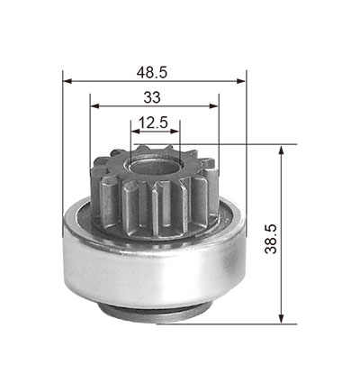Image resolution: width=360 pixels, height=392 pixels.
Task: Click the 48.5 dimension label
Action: (152, 73)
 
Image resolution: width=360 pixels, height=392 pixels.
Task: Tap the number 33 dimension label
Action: (152, 97)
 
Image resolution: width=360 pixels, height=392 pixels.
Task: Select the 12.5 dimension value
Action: (153, 123)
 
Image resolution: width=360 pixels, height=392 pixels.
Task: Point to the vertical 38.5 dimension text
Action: (271, 239)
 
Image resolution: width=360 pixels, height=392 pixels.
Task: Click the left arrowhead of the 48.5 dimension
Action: (67, 81)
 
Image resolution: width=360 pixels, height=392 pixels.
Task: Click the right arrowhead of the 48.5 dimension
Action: (241, 81)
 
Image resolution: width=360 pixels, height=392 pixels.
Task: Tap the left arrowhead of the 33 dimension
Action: (94, 105)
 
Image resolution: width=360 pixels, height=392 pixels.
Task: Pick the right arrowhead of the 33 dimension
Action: (214, 105)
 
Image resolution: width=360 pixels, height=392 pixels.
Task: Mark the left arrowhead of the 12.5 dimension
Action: (135, 132)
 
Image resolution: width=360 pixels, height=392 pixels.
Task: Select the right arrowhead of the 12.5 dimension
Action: (175, 132)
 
